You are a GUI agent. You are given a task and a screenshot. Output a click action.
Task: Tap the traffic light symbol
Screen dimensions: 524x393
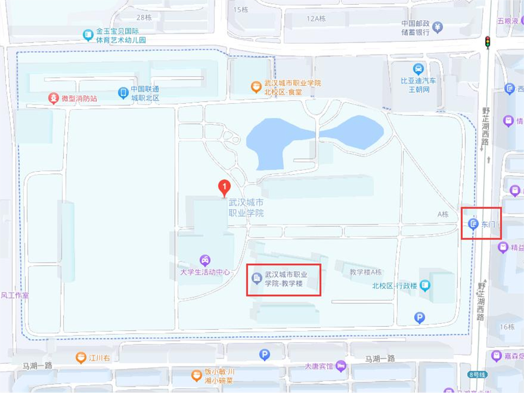click(487, 42)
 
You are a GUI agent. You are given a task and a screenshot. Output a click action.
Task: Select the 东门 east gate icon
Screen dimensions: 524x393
click(474, 224)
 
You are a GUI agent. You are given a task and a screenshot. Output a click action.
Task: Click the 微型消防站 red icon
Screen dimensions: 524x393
click(54, 98)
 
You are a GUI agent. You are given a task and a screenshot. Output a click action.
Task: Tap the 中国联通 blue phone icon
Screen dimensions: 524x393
click(123, 93)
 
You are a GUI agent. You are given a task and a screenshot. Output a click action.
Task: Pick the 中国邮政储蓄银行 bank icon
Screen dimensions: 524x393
click(438, 27)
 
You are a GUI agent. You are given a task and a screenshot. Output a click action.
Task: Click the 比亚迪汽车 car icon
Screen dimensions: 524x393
click(418, 69)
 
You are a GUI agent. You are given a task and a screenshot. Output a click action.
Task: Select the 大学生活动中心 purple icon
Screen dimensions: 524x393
click(205, 260)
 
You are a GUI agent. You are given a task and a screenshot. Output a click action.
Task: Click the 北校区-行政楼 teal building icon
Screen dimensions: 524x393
click(425, 285)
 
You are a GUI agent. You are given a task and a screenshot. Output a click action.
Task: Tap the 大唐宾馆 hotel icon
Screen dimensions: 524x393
click(340, 366)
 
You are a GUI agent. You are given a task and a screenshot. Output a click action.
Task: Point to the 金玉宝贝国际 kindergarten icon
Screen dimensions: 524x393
click(88, 35)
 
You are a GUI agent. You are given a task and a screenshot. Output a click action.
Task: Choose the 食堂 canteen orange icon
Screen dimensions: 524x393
click(256, 87)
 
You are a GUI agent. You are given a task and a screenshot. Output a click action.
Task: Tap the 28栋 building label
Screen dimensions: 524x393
click(144, 18)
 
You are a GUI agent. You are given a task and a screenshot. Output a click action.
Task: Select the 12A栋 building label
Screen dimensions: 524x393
click(316, 19)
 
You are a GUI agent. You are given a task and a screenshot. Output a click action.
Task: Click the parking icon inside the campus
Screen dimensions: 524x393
click(419, 317)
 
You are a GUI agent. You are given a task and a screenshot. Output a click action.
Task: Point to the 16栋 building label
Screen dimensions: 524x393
click(507, 326)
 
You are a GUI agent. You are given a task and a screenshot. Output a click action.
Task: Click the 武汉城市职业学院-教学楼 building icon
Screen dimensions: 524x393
click(257, 278)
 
